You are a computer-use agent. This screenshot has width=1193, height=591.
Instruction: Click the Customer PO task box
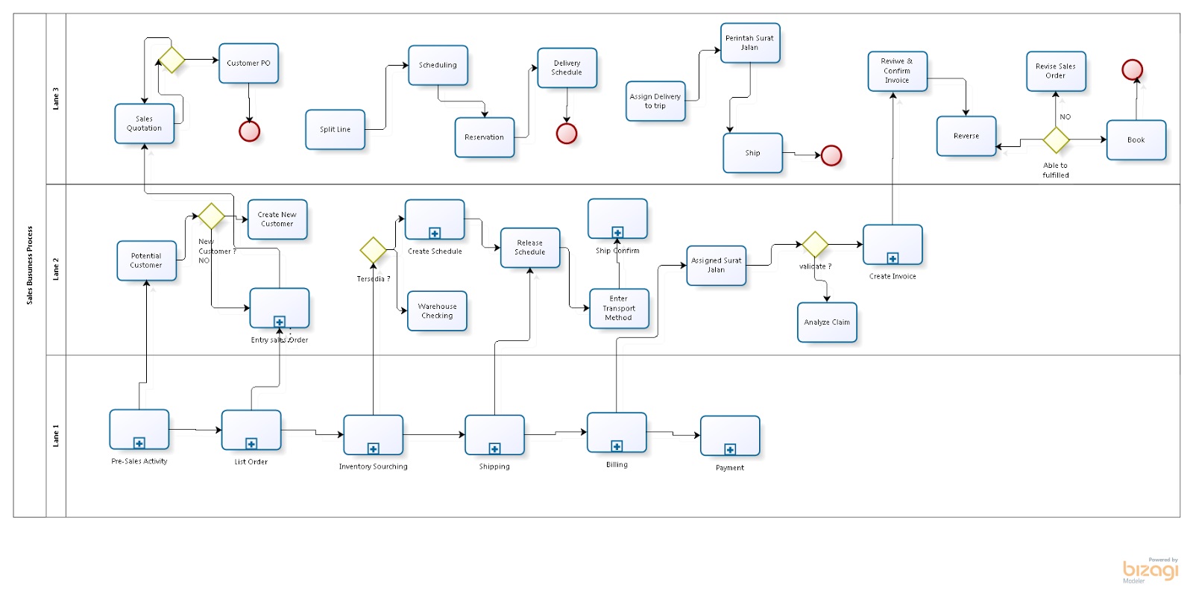(248, 63)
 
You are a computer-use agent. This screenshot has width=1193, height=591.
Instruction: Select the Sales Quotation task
(144, 123)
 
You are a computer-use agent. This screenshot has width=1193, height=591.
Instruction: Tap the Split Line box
(335, 129)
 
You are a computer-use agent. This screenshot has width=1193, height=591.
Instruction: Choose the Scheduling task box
(438, 65)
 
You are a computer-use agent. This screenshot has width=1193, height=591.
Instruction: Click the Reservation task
(484, 137)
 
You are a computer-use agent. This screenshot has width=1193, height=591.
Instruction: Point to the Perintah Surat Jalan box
(749, 43)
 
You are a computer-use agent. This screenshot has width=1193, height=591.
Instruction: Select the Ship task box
(752, 153)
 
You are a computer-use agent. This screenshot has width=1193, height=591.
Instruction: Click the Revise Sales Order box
(1055, 71)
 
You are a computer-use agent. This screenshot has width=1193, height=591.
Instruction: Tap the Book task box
(1136, 140)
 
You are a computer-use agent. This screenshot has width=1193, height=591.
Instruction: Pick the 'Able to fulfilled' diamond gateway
(1056, 140)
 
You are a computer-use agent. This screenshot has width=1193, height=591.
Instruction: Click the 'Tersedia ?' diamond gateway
(373, 250)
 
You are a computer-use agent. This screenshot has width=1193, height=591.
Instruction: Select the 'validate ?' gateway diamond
(814, 244)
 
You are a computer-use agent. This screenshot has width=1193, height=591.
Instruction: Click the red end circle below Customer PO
(249, 131)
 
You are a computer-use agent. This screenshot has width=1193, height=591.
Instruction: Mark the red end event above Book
(1132, 69)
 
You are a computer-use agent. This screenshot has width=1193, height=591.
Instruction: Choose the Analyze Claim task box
(827, 322)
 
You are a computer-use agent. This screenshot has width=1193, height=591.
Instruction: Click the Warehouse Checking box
(437, 310)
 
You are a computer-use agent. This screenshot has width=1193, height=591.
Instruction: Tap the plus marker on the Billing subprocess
(617, 446)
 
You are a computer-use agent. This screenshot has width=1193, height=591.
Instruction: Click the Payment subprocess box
(730, 435)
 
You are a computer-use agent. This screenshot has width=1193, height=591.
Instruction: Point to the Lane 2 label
(56, 269)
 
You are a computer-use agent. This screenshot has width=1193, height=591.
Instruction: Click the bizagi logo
(1150, 571)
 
